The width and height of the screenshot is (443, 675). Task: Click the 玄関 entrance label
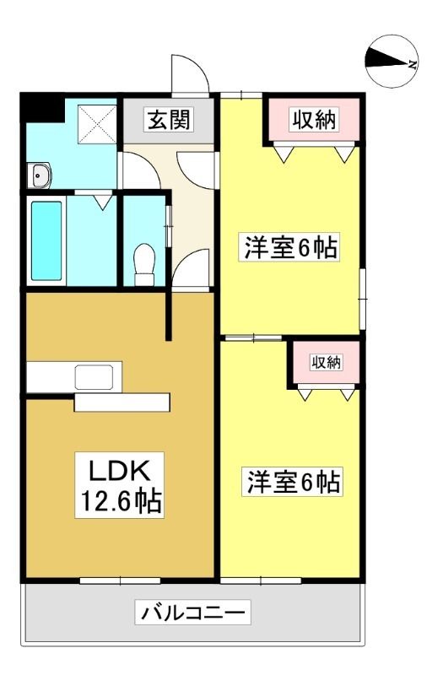pyautogui.click(x=169, y=119)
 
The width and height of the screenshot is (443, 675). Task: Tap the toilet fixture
pyautogui.click(x=144, y=264)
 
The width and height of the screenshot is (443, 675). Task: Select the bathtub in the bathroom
pyautogui.click(x=46, y=240)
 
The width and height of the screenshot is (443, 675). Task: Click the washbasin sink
pyautogui.click(x=39, y=175)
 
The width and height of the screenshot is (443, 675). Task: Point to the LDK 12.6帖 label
pyautogui.click(x=119, y=485)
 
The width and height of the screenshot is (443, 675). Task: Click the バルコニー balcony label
pyautogui.click(x=193, y=612)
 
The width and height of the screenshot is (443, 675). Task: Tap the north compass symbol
pyautogui.click(x=392, y=61)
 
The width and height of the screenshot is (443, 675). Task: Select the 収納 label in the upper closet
pyautogui.click(x=314, y=119)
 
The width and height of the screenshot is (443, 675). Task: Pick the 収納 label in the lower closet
pyautogui.click(x=327, y=363)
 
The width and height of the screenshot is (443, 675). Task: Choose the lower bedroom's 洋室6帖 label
pyautogui.click(x=293, y=482)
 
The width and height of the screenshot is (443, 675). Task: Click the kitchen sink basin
pyautogui.click(x=95, y=377)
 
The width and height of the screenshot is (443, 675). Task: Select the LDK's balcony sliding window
pyautogui.click(x=120, y=580)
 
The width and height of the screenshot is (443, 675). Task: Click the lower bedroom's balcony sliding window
pyautogui.click(x=261, y=580)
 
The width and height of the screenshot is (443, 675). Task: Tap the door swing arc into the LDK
pyautogui.click(x=192, y=267)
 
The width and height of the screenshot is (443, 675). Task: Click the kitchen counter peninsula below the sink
pyautogui.click(x=122, y=402)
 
